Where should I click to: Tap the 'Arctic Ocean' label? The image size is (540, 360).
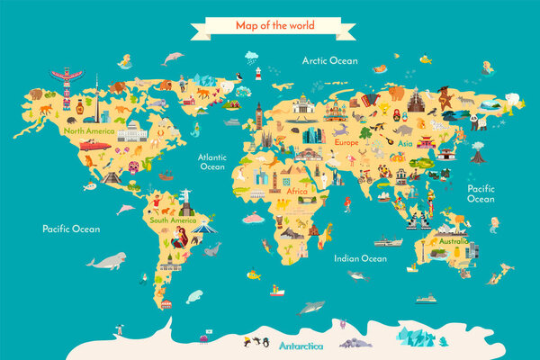tap(330, 61)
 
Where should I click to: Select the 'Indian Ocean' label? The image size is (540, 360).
tap(360, 258)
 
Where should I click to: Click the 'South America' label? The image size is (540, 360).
tap(172, 220)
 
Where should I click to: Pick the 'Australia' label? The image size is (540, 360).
tap(453, 241)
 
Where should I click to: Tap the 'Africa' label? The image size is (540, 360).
tap(297, 191)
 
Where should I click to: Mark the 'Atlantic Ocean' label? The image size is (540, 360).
tap(212, 161)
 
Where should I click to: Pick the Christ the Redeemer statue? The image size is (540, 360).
tap(187, 195)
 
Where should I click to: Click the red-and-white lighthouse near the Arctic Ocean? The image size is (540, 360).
tap(257, 72)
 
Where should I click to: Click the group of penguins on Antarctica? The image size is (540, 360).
tap(262, 341)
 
